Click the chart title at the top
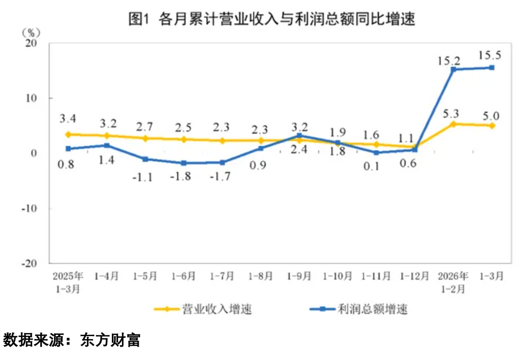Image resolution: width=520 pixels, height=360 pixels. (x=272, y=20)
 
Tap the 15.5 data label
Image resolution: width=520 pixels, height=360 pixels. (x=490, y=55)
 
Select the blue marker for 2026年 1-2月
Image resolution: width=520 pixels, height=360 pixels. (x=453, y=69)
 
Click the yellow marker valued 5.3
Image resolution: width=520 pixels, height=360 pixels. (x=453, y=124)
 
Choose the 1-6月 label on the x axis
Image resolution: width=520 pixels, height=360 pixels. (x=184, y=276)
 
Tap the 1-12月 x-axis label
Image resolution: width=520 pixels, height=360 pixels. (x=415, y=276)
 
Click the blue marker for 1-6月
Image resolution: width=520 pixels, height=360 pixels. (x=184, y=163)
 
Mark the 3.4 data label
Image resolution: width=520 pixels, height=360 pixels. (x=68, y=118)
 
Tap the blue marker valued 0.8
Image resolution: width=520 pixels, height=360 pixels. (x=68, y=149)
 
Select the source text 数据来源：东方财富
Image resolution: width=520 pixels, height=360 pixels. (x=71, y=340)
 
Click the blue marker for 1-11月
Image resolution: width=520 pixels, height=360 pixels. (x=376, y=153)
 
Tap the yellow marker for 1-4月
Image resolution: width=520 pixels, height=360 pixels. (x=107, y=136)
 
